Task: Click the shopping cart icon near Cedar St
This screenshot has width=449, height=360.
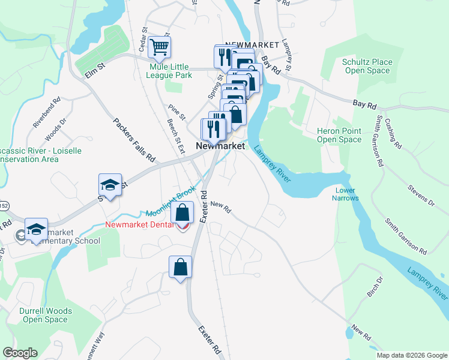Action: [x=159, y=47]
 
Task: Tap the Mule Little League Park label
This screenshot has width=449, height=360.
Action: [x=170, y=71]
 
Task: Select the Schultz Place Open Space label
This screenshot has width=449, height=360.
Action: [x=367, y=66]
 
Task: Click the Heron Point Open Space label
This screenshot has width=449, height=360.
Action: [x=339, y=135]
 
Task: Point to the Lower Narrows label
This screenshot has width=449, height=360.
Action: [x=346, y=194]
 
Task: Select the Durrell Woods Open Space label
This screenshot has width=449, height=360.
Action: [x=46, y=315]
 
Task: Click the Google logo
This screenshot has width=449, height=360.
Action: [x=20, y=353]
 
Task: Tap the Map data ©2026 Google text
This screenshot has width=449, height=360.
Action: [x=411, y=355]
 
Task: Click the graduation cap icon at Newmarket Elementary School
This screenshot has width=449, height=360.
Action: [x=36, y=230]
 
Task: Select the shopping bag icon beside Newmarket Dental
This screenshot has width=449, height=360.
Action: [x=182, y=213]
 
